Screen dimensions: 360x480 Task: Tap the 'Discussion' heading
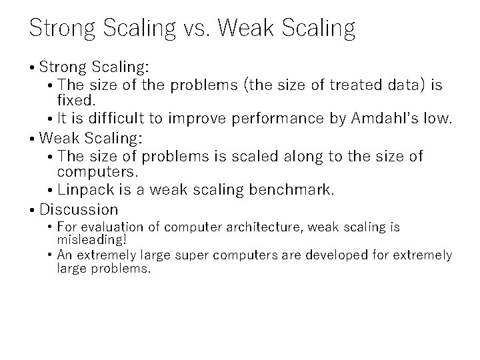click(79, 209)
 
